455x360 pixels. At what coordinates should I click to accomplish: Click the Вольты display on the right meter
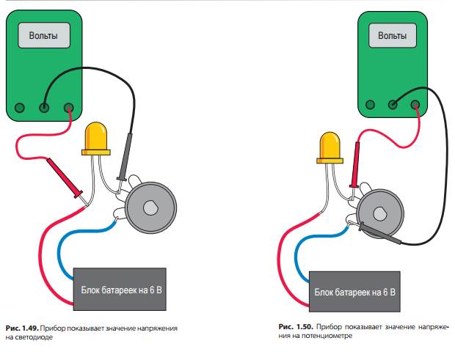pos(391,34)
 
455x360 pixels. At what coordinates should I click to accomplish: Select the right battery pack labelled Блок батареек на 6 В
pos(354,292)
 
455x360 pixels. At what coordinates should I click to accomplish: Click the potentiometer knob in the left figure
pos(149,206)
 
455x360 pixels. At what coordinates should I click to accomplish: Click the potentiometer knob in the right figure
pos(379,214)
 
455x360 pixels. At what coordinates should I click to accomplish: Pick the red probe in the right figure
pos(357,165)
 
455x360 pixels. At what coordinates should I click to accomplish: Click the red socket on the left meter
pos(70,109)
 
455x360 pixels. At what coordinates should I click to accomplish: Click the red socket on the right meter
pos(417,104)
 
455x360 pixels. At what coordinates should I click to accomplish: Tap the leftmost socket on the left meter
pos(18,109)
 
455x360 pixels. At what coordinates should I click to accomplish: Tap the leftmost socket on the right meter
pos(369,104)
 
